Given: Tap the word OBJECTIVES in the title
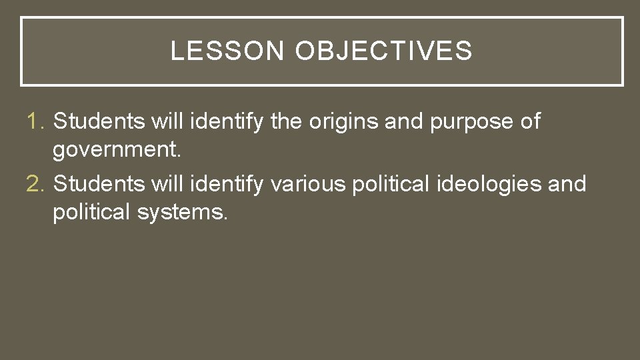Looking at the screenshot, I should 383,51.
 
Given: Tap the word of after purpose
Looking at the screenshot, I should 531,122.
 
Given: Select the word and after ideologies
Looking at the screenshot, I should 567,184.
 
